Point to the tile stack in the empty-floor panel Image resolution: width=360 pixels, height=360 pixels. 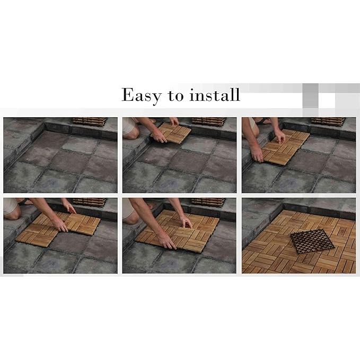pyautogui.click(x=90, y=121)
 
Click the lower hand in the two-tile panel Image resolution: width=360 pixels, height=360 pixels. pyautogui.click(x=257, y=156)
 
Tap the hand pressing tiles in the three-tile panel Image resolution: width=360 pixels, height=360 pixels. pyautogui.click(x=62, y=225)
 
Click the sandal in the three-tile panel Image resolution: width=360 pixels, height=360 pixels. pyautogui.click(x=24, y=201)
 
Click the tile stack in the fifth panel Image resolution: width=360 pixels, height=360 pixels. pyautogui.click(x=208, y=202)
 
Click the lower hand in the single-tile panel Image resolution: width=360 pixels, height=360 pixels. pyautogui.click(x=159, y=137)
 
